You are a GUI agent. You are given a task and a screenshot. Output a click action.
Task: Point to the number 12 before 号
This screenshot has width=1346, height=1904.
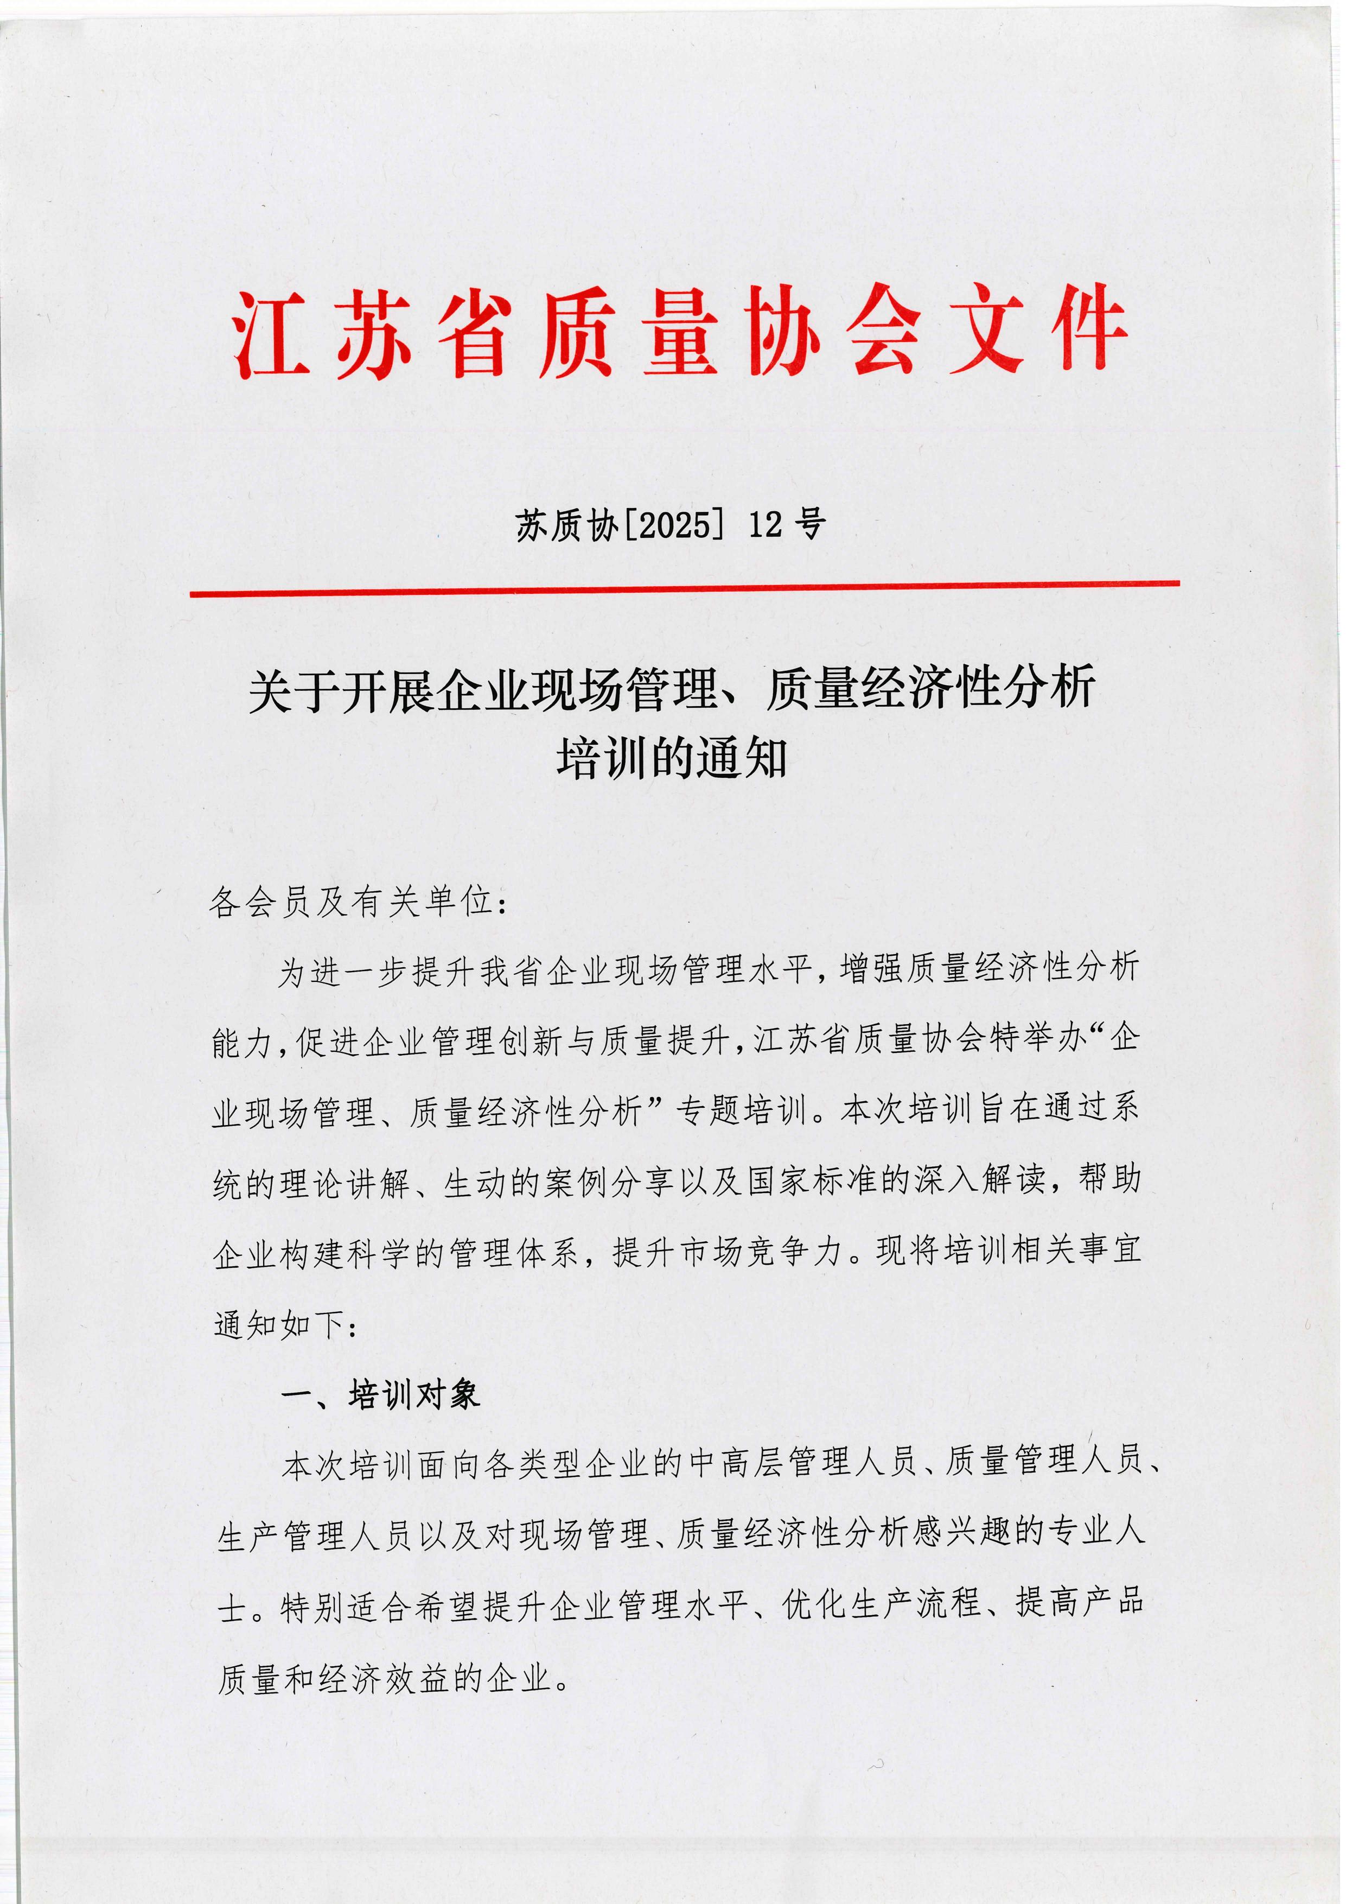point(764,525)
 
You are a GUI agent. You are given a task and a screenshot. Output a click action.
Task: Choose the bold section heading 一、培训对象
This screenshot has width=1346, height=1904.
point(381,1395)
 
